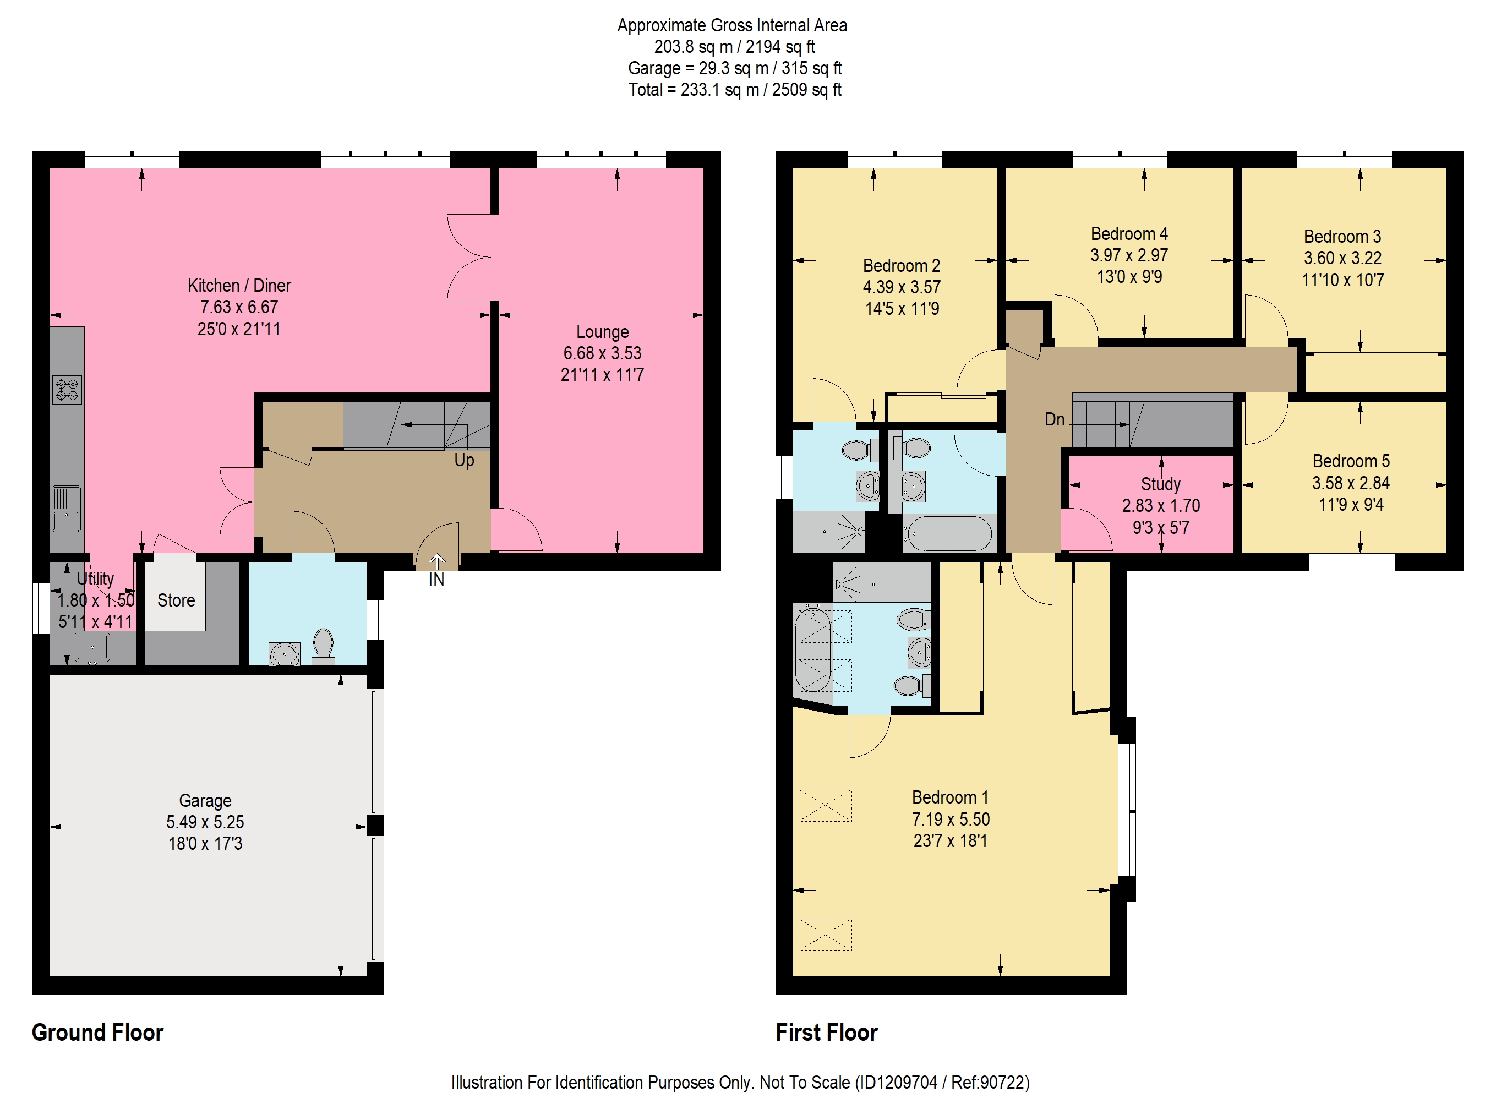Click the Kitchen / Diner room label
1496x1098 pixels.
click(x=239, y=286)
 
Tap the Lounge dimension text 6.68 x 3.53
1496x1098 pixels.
click(x=602, y=353)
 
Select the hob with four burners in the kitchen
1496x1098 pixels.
click(x=67, y=390)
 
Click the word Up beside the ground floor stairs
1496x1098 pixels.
click(x=464, y=460)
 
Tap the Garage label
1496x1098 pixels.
click(x=205, y=800)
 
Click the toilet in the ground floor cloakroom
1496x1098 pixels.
click(x=323, y=646)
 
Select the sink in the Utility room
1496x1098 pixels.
click(x=92, y=648)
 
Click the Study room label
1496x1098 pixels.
click(x=1160, y=484)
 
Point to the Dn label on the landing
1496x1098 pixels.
click(x=1055, y=419)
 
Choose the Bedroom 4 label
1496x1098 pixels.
click(x=1129, y=234)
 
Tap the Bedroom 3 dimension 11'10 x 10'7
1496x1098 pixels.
click(x=1342, y=280)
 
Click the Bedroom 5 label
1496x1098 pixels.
click(x=1351, y=461)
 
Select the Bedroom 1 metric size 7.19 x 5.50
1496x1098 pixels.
click(x=951, y=819)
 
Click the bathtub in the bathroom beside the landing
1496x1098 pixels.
click(x=949, y=533)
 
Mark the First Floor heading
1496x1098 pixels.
click(x=826, y=1032)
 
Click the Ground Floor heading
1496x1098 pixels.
click(x=97, y=1032)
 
